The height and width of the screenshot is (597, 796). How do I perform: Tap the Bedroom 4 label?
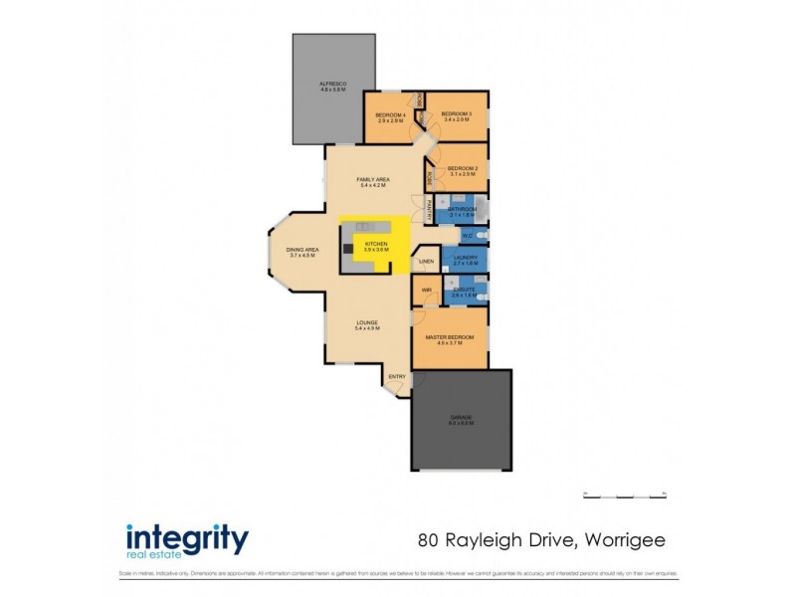(x=389, y=114)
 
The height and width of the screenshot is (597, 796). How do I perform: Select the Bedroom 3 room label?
(x=456, y=113)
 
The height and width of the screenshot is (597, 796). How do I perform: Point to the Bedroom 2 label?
(x=463, y=168)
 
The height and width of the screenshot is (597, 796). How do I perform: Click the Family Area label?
(x=373, y=179)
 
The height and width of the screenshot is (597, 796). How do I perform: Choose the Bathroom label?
(x=464, y=209)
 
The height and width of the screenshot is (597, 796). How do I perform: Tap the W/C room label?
(x=467, y=236)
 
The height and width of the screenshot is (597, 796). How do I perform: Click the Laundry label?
(x=465, y=258)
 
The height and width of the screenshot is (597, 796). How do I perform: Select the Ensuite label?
(x=464, y=289)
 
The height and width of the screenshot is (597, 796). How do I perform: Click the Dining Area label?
(x=301, y=250)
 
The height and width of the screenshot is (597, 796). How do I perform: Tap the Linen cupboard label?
(x=425, y=262)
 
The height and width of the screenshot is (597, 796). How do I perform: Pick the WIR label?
(x=425, y=291)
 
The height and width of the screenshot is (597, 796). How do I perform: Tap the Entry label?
(x=397, y=376)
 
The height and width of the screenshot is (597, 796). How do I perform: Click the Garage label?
(x=460, y=418)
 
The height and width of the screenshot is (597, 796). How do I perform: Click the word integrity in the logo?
(x=187, y=537)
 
